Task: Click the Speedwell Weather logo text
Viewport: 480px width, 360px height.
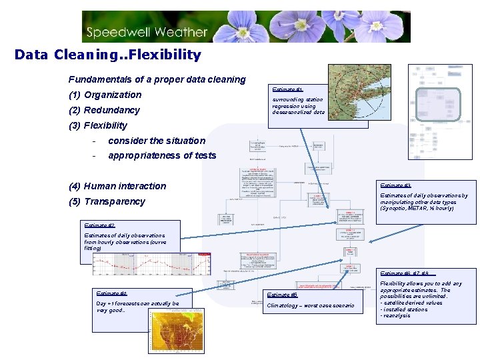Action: click(x=155, y=31)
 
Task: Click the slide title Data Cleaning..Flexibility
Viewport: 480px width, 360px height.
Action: click(x=107, y=54)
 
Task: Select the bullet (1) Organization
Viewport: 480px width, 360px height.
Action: click(x=105, y=95)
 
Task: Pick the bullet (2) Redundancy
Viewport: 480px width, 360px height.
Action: click(x=104, y=110)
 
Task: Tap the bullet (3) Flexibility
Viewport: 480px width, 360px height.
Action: click(x=97, y=125)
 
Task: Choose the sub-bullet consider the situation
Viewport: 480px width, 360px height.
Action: click(x=157, y=141)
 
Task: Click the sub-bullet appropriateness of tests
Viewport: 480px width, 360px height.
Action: click(x=162, y=155)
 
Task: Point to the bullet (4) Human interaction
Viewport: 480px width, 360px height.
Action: click(x=117, y=186)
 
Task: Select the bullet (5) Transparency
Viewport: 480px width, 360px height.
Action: click(x=107, y=201)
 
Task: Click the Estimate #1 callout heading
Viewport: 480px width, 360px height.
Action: click(x=287, y=89)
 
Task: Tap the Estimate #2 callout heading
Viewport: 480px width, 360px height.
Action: click(x=99, y=225)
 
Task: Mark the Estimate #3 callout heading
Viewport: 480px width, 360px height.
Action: click(x=395, y=185)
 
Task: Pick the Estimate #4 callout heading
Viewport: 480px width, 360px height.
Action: click(x=111, y=293)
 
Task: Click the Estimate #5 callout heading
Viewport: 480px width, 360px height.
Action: click(x=281, y=295)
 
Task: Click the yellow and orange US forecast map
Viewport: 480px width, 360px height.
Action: click(x=176, y=332)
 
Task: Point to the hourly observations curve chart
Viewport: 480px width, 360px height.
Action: click(x=151, y=264)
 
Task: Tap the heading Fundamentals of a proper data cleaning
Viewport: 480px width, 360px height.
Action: click(x=157, y=79)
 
